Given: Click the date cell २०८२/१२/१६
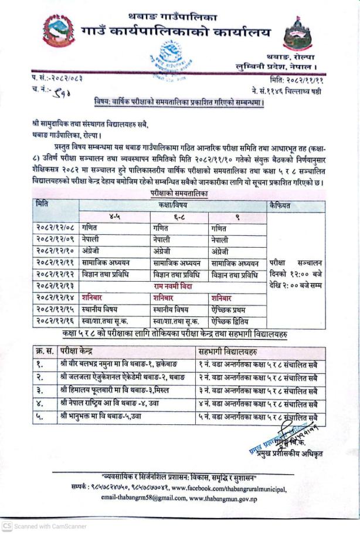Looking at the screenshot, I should (54, 321).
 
